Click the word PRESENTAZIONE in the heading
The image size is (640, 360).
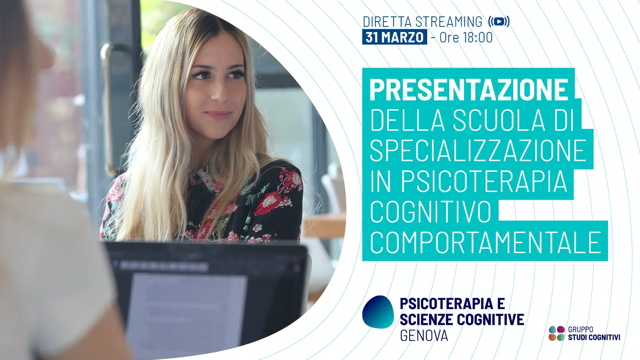(469, 90)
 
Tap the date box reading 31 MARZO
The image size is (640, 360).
(394, 37)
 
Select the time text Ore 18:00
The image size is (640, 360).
(466, 38)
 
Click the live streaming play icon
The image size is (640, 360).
(499, 22)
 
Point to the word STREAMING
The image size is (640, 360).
(448, 22)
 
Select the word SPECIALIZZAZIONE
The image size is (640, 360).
(478, 150)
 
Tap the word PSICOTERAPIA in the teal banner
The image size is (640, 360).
(484, 181)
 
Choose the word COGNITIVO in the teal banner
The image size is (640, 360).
(430, 212)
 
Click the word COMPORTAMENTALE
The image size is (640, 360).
(486, 242)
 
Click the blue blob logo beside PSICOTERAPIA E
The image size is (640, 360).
(378, 312)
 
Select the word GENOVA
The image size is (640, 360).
(424, 335)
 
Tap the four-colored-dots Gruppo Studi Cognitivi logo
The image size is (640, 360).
(556, 333)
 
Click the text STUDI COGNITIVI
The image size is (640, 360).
(594, 338)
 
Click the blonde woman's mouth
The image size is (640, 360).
(218, 114)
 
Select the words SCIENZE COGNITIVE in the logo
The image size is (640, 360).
(462, 319)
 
